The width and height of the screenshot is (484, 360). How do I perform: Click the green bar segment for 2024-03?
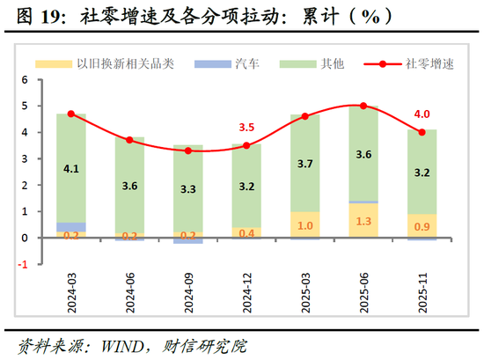pos(70,167)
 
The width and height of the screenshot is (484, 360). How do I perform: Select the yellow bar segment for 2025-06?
pos(363,220)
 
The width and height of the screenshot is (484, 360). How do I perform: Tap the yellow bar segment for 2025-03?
pos(304,224)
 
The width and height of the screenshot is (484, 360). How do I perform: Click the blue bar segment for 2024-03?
pos(70,227)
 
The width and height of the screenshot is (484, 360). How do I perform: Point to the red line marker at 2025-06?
pos(363,106)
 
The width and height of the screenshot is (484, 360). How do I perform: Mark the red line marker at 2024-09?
pos(187,151)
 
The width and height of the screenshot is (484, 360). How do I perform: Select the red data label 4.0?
pos(422,114)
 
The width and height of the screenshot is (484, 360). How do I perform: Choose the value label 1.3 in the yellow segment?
pos(363,220)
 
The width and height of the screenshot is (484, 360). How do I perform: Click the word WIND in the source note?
pos(104,343)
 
